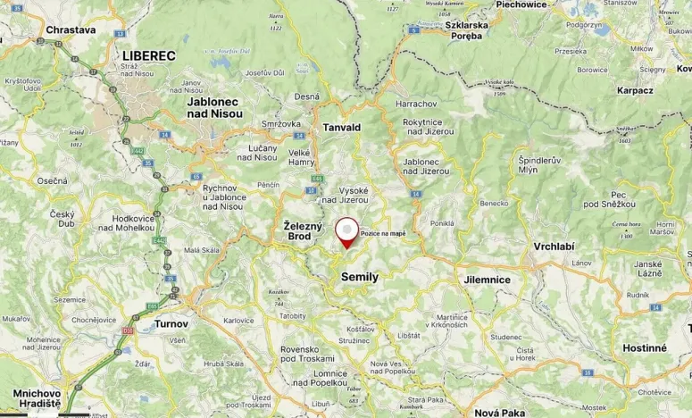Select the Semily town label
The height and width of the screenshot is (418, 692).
pyautogui.click(x=360, y=277)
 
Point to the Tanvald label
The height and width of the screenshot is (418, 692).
pyautogui.click(x=341, y=128)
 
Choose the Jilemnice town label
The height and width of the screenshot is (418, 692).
pyautogui.click(x=487, y=280)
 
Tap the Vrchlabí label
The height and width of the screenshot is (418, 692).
pyautogui.click(x=554, y=246)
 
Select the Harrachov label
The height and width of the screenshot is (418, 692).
pyautogui.click(x=415, y=104)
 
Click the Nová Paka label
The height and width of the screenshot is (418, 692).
pyautogui.click(x=499, y=413)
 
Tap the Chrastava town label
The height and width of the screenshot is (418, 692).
pyautogui.click(x=71, y=29)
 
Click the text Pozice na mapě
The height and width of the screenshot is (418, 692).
pyautogui.click(x=383, y=233)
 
